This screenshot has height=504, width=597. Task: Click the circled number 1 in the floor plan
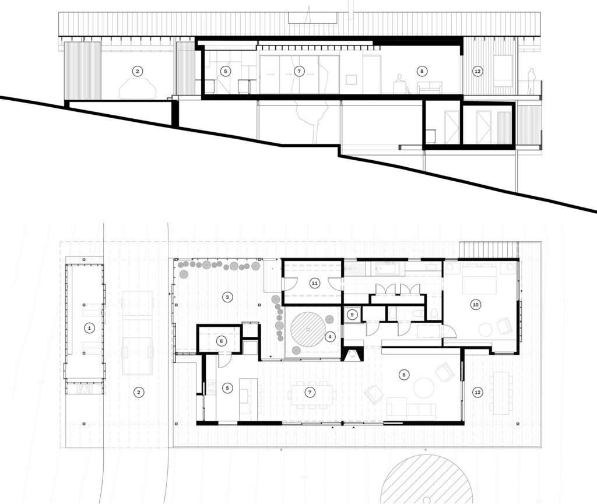point(89,328)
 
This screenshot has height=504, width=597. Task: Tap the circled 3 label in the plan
point(227,297)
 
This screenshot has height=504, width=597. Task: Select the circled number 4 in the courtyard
point(330,337)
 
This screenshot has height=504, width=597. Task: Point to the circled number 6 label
point(222,341)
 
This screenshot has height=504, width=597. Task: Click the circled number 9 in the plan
point(352,315)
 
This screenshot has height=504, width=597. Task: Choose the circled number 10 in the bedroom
point(475,304)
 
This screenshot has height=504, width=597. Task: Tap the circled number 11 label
point(314,283)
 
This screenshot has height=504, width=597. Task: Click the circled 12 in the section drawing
point(477,71)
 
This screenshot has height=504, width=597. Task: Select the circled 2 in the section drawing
point(138,71)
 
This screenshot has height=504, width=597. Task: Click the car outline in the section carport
point(138,89)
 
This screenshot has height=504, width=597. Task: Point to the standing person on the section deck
point(532,80)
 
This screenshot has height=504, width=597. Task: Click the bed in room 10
point(480,279)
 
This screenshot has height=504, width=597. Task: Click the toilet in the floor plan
point(419,314)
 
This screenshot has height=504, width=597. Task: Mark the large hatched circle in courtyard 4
point(308,329)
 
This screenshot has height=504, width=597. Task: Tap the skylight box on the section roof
point(312,18)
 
